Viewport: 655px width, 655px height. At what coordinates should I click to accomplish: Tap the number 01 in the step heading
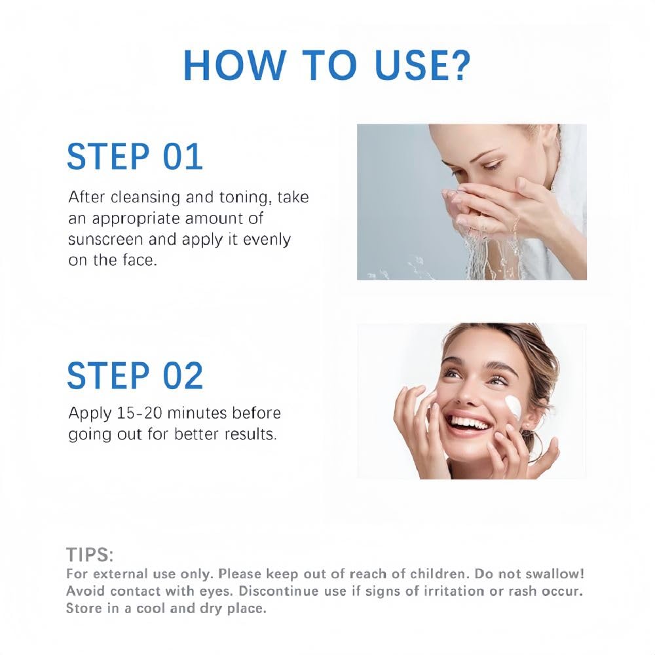click(183, 157)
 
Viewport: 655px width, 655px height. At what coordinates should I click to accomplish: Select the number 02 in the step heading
click(183, 375)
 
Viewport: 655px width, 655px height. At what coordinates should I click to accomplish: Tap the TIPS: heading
click(90, 555)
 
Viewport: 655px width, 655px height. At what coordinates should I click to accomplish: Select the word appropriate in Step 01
click(135, 219)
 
